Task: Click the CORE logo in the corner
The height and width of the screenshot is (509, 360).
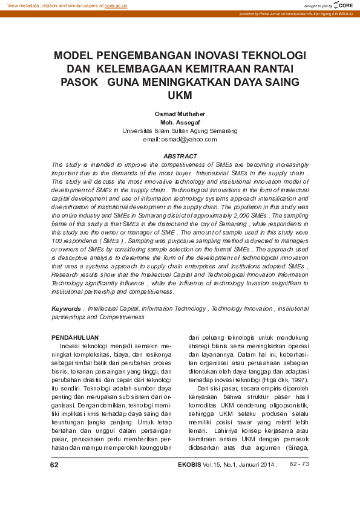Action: (344, 5)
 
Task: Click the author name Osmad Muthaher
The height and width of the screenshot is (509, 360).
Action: (180, 114)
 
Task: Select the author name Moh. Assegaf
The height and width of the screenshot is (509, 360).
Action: (180, 122)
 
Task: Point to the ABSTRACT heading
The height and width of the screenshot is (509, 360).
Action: (180, 156)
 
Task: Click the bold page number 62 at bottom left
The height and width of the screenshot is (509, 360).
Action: (54, 465)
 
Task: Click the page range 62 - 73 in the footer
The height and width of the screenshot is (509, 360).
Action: (299, 464)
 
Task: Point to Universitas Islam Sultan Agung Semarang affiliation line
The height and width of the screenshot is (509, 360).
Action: (180, 131)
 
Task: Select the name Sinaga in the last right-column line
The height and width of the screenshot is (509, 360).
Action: (297, 447)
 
